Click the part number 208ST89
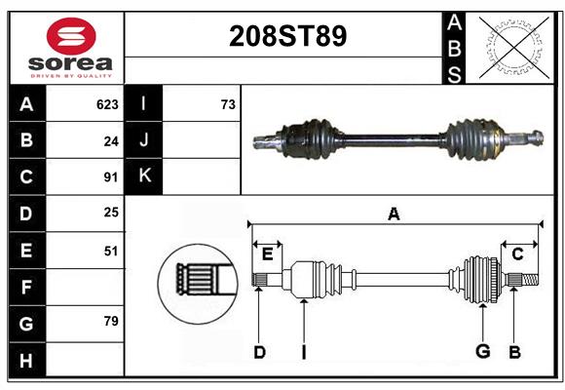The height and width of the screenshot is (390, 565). [286, 37]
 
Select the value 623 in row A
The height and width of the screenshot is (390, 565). [107, 104]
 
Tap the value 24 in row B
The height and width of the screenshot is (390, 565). [110, 141]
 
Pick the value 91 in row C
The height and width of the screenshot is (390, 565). [110, 177]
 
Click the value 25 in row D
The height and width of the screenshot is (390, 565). [110, 212]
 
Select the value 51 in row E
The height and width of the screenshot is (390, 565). [110, 251]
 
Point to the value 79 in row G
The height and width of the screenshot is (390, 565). [110, 321]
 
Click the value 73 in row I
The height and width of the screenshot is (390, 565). [227, 104]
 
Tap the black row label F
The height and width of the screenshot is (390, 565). [26, 288]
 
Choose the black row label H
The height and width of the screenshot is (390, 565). [26, 360]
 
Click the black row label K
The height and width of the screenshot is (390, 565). [144, 176]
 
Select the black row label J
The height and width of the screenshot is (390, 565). [144, 140]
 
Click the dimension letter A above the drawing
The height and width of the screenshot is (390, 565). [394, 214]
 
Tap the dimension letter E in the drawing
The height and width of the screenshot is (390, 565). [267, 254]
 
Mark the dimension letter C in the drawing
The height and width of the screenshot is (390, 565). [517, 254]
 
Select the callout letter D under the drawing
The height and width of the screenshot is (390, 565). [259, 352]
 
